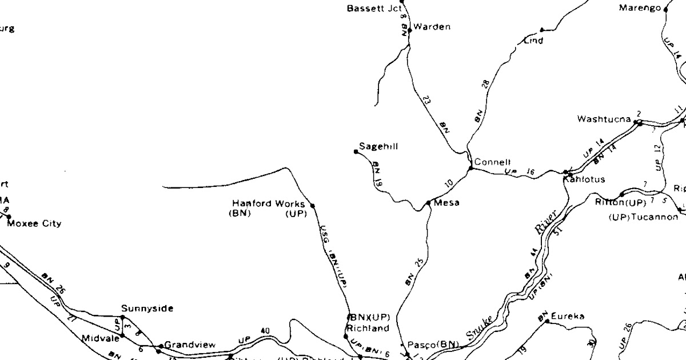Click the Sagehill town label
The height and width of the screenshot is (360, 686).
tap(378, 147)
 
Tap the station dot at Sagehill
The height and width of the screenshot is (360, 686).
tap(356, 151)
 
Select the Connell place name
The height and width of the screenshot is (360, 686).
tap(492, 162)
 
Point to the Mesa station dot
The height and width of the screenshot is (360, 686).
tap(428, 203)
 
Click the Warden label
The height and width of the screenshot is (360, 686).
tap(432, 27)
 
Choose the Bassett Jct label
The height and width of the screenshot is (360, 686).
tap(374, 9)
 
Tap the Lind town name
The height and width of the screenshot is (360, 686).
tap(533, 41)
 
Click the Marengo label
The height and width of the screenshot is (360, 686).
tap(640, 8)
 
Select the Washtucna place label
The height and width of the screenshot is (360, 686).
tap(604, 119)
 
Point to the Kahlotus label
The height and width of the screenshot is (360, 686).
tap(584, 179)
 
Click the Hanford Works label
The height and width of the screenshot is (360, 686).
tap(269, 203)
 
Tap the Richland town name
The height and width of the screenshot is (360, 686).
tap(368, 328)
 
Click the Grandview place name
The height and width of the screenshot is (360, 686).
tap(190, 345)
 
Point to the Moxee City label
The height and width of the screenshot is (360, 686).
tap(34, 223)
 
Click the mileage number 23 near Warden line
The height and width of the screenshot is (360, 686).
tap(427, 99)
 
